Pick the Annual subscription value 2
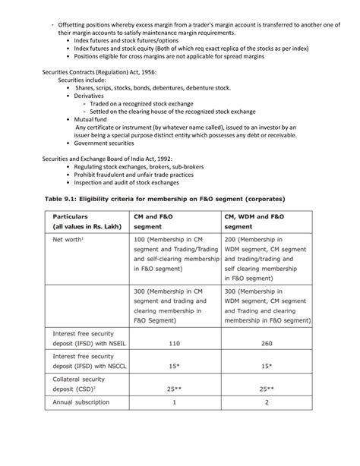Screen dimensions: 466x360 [x=267, y=423]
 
